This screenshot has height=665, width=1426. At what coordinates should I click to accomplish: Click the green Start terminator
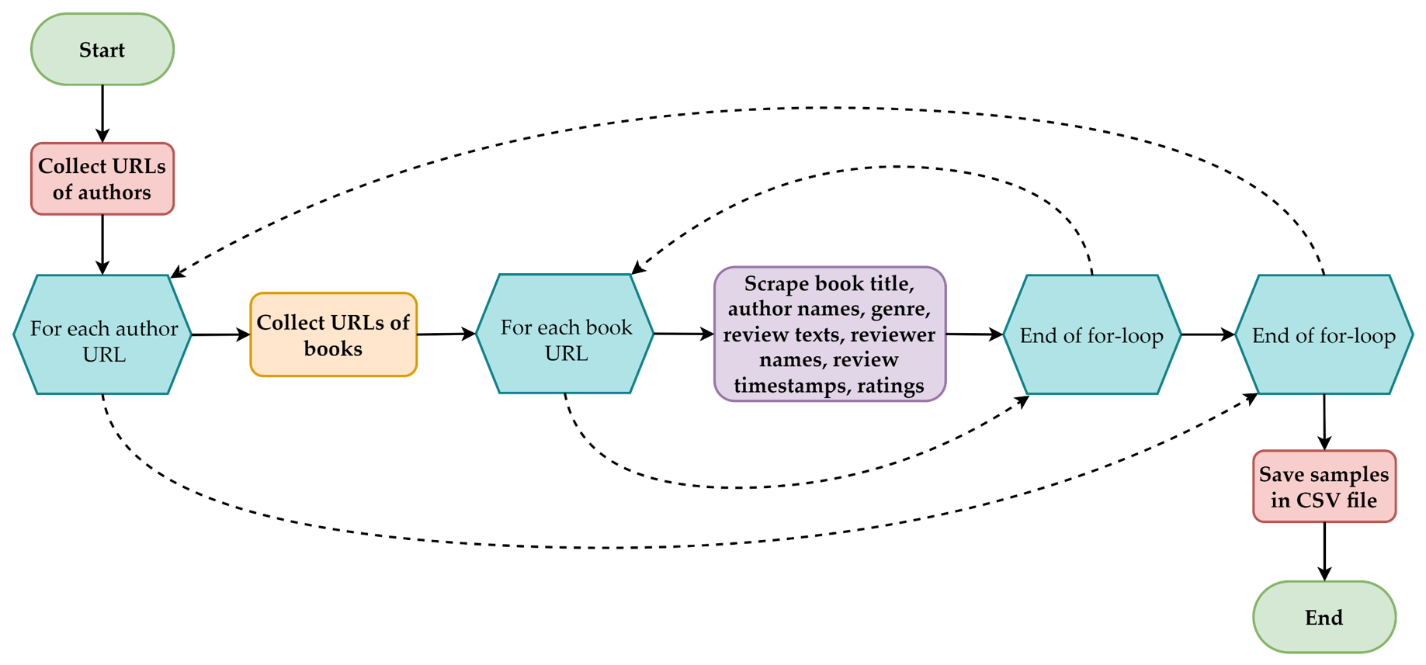pos(102,50)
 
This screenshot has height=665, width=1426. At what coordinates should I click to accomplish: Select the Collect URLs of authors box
pos(102,178)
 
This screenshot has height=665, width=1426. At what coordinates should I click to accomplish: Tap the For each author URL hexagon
pos(102,334)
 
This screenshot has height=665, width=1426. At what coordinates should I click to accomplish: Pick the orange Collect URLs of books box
pos(334,334)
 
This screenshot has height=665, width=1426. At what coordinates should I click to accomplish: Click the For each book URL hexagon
pos(565,334)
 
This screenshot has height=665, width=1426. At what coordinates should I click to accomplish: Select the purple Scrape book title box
pos(830,334)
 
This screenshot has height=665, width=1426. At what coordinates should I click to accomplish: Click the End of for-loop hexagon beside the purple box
pos(1091,334)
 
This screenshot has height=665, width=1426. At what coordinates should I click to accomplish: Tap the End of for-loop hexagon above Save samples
pos(1324,334)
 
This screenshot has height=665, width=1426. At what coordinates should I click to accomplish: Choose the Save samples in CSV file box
pos(1324,487)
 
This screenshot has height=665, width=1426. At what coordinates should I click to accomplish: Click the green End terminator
pos(1324,617)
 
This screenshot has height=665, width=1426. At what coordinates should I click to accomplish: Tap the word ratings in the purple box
pos(890,386)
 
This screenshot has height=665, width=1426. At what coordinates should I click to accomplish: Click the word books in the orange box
pos(333,349)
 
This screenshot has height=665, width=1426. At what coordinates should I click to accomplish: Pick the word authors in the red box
pos(113,192)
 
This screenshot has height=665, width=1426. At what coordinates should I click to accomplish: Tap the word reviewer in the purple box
pos(893,334)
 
